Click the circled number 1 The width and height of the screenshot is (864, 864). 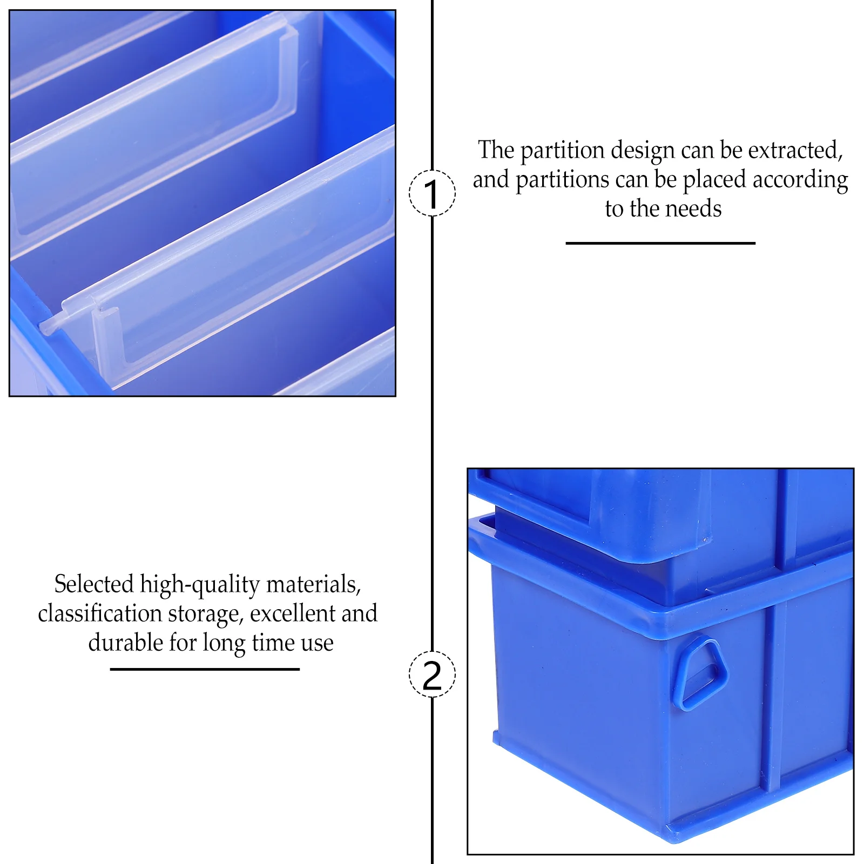[432, 193]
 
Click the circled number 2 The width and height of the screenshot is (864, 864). [432, 674]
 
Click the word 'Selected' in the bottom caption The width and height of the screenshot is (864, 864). [94, 584]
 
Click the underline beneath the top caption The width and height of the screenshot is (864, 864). [660, 244]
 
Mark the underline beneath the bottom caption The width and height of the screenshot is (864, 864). [205, 670]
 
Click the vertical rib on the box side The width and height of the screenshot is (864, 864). [773, 697]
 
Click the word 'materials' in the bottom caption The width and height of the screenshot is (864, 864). [313, 585]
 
